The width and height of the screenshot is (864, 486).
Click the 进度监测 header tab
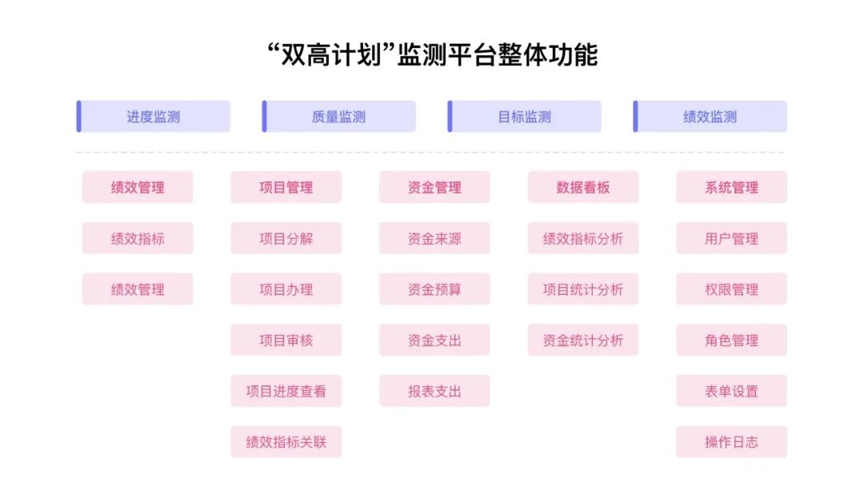(154, 117)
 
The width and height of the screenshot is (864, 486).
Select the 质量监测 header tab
(339, 117)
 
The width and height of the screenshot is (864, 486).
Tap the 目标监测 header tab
(525, 117)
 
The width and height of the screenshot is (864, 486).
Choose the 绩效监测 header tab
(710, 117)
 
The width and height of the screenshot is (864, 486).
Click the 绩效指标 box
(138, 238)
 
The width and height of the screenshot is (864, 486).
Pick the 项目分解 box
(286, 238)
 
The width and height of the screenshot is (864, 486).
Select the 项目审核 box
(286, 340)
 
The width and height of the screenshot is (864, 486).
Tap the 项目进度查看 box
(286, 391)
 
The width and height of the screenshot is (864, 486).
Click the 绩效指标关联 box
(286, 442)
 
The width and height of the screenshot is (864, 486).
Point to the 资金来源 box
(434, 238)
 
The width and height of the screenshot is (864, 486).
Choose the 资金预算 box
(434, 289)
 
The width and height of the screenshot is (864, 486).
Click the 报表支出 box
(434, 391)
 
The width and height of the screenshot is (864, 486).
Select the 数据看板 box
(583, 187)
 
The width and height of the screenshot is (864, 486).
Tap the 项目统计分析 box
(583, 289)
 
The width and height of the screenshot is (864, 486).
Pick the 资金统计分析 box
(583, 340)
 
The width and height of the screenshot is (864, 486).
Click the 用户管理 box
(731, 238)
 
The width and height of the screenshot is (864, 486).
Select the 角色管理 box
(731, 340)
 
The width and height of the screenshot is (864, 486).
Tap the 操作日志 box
(731, 442)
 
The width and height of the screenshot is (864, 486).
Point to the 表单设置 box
(731, 391)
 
